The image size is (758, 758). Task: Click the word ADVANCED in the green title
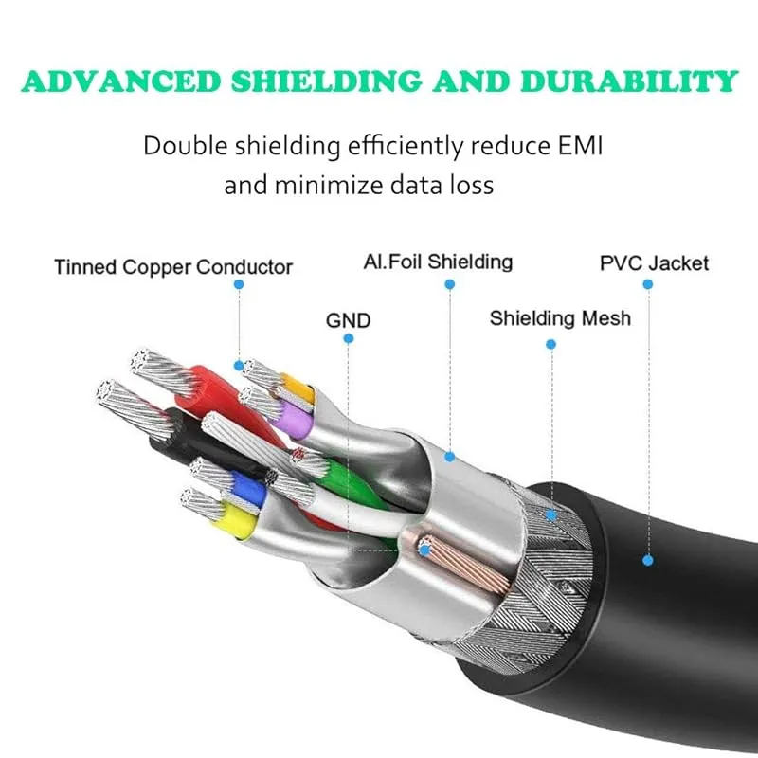(121, 81)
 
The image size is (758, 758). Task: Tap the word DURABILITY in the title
(629, 81)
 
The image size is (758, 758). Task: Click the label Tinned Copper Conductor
(173, 267)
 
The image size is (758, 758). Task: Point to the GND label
(348, 320)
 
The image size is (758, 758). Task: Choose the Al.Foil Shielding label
(438, 262)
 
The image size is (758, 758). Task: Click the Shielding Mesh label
(560, 318)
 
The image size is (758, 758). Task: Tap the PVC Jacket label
(654, 263)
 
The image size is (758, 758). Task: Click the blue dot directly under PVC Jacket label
(648, 284)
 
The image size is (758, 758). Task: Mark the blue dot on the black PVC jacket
(648, 560)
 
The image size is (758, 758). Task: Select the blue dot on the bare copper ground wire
(424, 550)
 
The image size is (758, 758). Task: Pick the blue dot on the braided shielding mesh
(551, 515)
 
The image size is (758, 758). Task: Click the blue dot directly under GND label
(348, 338)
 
